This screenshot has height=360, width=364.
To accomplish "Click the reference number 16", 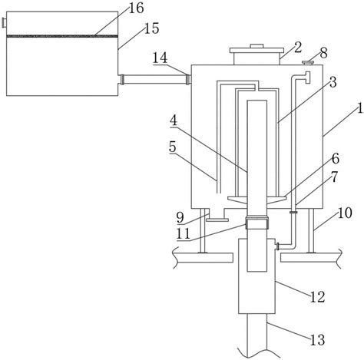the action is (136, 8).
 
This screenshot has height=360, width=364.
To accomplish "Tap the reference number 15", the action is (151, 28).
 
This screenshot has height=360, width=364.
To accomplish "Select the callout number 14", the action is (160, 58).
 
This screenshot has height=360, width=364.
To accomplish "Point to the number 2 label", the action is (298, 48).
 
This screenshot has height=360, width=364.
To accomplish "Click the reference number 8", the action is (323, 53).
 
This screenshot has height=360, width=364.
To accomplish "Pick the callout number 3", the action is (333, 82).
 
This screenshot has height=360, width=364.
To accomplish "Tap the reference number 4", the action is (174, 121).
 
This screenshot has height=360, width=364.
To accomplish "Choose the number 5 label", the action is (173, 147).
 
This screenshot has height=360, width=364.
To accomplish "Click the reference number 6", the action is (336, 159).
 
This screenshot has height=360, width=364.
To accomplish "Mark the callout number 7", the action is (335, 177).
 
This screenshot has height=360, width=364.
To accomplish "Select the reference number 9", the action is (180, 218).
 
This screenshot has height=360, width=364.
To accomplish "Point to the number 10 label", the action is (345, 213).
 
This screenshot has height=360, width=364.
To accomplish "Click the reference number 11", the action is (184, 233).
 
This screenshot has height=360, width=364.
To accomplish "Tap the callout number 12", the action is (317, 297).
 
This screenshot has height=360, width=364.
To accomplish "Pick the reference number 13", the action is (318, 340).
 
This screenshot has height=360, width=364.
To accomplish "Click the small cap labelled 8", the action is (308, 62).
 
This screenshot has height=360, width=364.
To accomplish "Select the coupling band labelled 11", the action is (257, 223).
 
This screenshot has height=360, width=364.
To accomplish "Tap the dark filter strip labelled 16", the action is (62, 36).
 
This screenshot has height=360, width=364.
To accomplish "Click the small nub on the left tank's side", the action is (5, 22).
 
